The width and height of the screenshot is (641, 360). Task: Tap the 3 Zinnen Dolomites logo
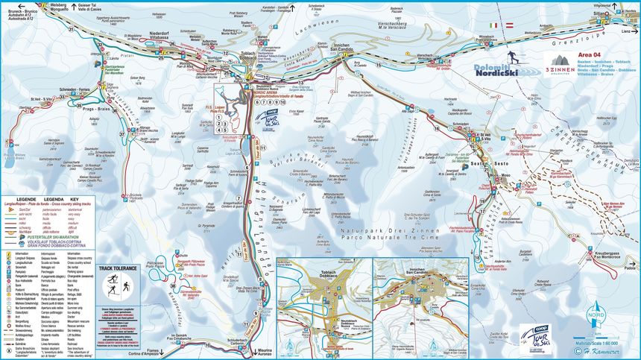click(x=561, y=66)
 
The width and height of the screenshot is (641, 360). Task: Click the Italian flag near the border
click(x=491, y=25)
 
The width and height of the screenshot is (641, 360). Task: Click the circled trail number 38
click(x=173, y=287)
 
